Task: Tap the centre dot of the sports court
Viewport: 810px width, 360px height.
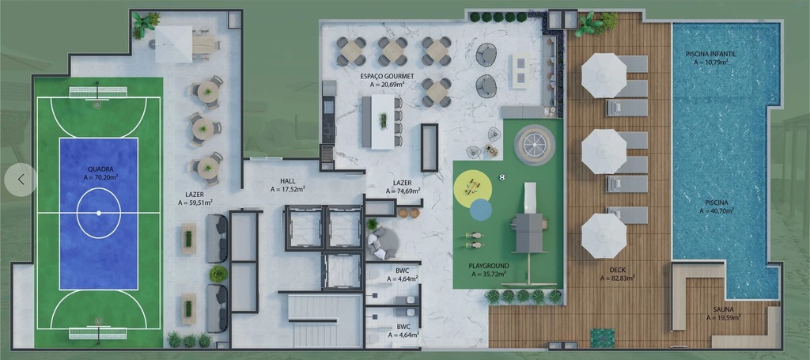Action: coord(99,212)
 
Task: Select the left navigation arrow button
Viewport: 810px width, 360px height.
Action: coord(21,180)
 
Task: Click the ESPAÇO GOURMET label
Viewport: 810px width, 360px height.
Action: coord(382,76)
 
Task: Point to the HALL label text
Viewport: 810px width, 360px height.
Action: coord(287,181)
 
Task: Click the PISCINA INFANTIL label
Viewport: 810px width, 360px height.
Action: coord(710,54)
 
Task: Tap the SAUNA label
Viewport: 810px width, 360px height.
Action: coord(723,309)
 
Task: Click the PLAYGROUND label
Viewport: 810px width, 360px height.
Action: coord(488,266)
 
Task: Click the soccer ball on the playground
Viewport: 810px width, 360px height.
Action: coord(502,177)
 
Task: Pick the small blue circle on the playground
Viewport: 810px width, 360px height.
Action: coord(480,210)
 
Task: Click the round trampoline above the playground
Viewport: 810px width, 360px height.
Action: coord(534,145)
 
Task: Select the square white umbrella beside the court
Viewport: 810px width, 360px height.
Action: coord(173,44)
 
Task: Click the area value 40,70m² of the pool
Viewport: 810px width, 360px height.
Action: coord(716,210)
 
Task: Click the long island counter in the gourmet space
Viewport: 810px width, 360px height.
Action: coord(382,121)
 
